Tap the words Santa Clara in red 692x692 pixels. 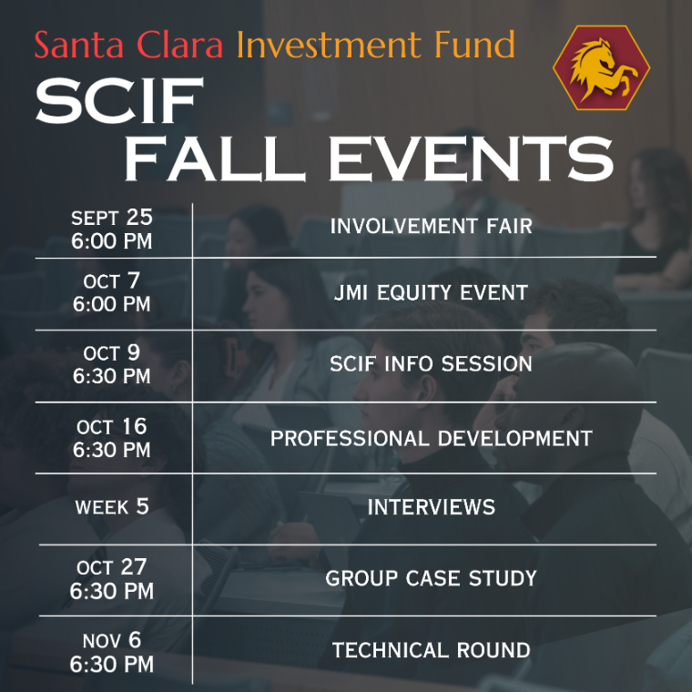128,45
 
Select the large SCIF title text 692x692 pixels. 117,100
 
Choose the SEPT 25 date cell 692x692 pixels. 112,229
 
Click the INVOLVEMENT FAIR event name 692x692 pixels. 431,225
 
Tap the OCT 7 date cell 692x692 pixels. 112,293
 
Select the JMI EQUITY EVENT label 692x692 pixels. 431,292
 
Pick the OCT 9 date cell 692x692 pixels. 112,364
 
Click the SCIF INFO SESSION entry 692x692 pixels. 431,363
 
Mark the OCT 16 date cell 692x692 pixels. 112,438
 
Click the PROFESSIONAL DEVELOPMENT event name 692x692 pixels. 431,438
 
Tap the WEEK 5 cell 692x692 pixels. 112,507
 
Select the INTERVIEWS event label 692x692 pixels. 431,507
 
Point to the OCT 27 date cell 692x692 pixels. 112,579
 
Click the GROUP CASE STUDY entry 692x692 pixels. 431,578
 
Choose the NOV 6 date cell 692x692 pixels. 112,652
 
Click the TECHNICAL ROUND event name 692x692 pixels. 431,650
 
